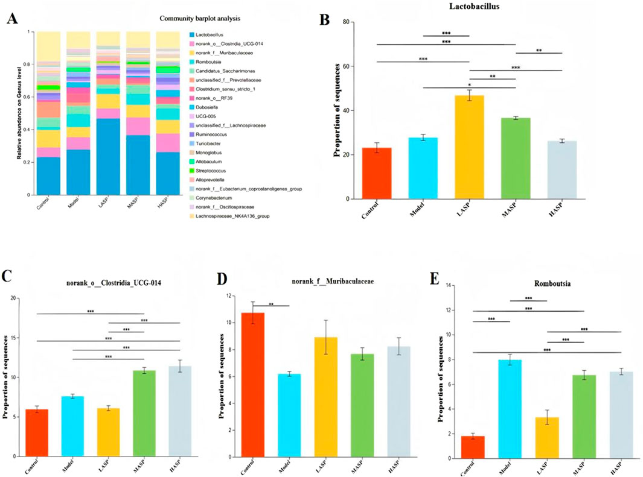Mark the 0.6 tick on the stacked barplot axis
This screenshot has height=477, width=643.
[30, 97]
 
